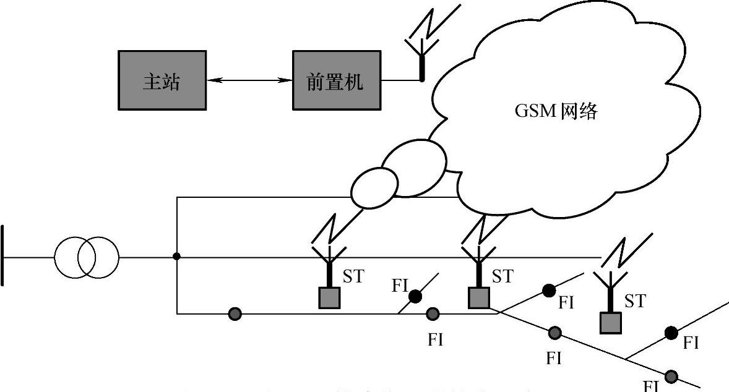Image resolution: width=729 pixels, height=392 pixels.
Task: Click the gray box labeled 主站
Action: tap(162, 80)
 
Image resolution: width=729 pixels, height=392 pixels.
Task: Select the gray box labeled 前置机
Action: tap(337, 80)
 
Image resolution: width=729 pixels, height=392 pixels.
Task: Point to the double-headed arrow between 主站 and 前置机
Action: tap(249, 80)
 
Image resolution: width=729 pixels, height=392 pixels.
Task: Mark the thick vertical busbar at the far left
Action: tap(3, 255)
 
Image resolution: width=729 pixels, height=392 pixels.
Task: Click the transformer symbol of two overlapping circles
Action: tap(86, 256)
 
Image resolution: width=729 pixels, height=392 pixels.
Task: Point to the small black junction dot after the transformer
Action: tap(177, 256)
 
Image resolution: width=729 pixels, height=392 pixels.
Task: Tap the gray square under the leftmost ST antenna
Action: tap(329, 298)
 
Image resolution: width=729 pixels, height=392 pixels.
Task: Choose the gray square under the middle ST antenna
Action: tap(479, 298)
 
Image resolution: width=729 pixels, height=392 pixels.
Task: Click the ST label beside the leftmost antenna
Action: tap(353, 276)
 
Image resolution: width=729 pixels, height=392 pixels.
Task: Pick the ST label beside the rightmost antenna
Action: tap(635, 301)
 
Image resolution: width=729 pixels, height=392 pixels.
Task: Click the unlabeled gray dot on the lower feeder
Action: tap(235, 313)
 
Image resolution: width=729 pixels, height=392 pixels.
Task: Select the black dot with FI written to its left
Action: tap(415, 297)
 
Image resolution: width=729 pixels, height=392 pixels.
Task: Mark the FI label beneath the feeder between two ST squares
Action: tap(436, 339)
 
